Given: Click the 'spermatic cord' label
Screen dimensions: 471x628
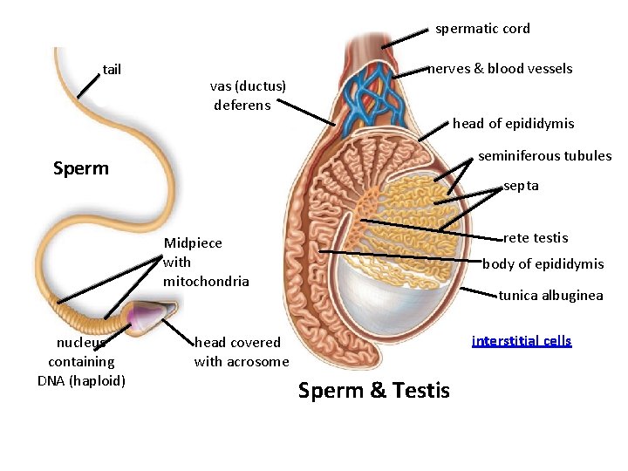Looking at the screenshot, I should (482, 29).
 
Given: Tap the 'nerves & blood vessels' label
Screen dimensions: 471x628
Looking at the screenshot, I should (499, 68).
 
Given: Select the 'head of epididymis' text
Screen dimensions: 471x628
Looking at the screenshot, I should (513, 124).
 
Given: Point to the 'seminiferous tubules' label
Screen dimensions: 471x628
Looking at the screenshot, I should (545, 156).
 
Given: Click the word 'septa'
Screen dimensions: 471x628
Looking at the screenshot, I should (521, 186).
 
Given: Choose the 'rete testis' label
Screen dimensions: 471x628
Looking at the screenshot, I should (536, 237).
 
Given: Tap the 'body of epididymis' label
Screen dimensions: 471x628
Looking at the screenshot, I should (543, 264).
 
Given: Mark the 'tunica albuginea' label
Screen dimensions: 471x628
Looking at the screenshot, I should (550, 296).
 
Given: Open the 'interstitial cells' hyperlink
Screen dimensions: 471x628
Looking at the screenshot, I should (522, 341).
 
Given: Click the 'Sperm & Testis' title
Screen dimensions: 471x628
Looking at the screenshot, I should (373, 391).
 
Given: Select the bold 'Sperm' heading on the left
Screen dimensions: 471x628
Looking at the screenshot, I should (81, 168).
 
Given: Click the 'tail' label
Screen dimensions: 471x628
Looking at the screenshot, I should (112, 69).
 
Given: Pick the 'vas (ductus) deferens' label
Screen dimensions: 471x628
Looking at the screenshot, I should (248, 95).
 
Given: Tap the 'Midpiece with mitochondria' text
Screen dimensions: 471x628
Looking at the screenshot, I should (206, 262).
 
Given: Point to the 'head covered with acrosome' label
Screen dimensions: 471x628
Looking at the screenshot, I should (241, 352).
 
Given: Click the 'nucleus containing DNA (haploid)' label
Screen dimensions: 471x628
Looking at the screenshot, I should (81, 361).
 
